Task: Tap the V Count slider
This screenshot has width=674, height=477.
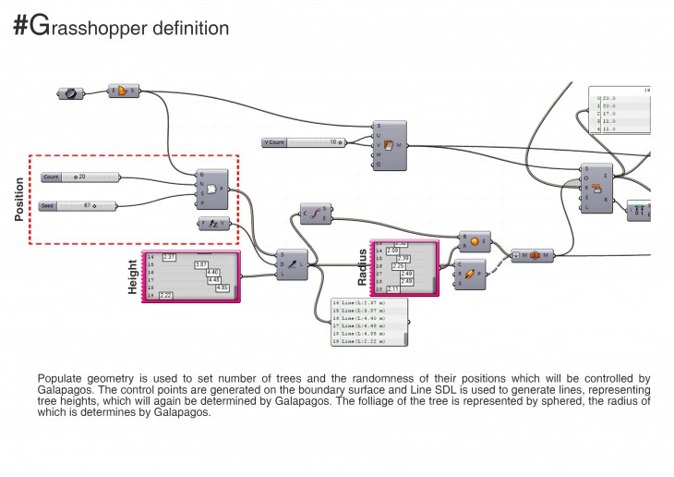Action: (x=305, y=142)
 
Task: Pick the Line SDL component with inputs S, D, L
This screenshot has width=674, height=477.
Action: (x=293, y=264)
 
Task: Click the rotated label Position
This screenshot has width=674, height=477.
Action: (x=19, y=199)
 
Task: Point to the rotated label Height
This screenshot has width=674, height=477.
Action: (x=132, y=276)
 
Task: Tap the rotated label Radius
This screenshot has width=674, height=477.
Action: (x=362, y=266)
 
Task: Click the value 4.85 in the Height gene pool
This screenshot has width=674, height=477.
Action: (x=222, y=287)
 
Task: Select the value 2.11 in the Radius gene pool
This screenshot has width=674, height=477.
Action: (x=393, y=288)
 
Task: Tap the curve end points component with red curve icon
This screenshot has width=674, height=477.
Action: (x=315, y=214)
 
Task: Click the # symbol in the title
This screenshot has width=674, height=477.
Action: (x=20, y=28)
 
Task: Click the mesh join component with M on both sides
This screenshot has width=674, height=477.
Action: (x=533, y=254)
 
